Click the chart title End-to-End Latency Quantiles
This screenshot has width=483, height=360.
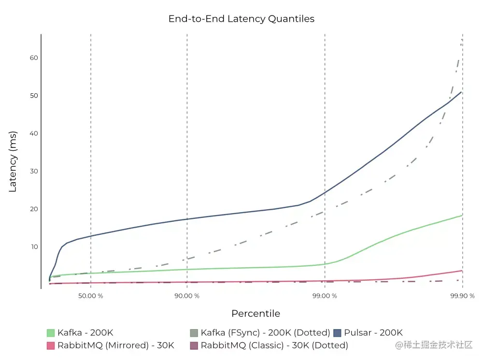(x=241, y=19)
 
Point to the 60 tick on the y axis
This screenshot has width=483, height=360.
(x=34, y=58)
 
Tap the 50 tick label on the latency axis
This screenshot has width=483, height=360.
(x=34, y=96)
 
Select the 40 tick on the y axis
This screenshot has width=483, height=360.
(x=34, y=133)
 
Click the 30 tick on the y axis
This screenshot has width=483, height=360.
(x=34, y=171)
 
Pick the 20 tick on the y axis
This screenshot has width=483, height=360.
(x=34, y=209)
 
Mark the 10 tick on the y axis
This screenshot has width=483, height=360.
(x=34, y=246)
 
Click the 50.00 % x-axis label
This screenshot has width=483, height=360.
(x=90, y=296)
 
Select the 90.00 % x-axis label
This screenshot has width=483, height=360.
(x=187, y=296)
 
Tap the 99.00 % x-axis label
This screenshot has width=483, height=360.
(x=325, y=296)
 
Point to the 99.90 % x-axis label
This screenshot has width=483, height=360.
(x=462, y=296)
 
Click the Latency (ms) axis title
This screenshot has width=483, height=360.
(x=13, y=161)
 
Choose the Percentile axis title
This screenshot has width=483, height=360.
(x=256, y=314)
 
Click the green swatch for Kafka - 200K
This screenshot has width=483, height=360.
(x=51, y=333)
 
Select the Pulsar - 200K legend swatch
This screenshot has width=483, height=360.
(x=337, y=333)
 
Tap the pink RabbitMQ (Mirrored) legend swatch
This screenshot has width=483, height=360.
(x=51, y=346)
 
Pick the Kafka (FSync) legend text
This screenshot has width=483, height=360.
(x=265, y=333)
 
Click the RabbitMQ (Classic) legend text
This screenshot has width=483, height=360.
(x=274, y=346)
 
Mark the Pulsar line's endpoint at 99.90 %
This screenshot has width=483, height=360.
(x=462, y=92)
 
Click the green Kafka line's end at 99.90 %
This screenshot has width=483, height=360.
(x=462, y=215)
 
